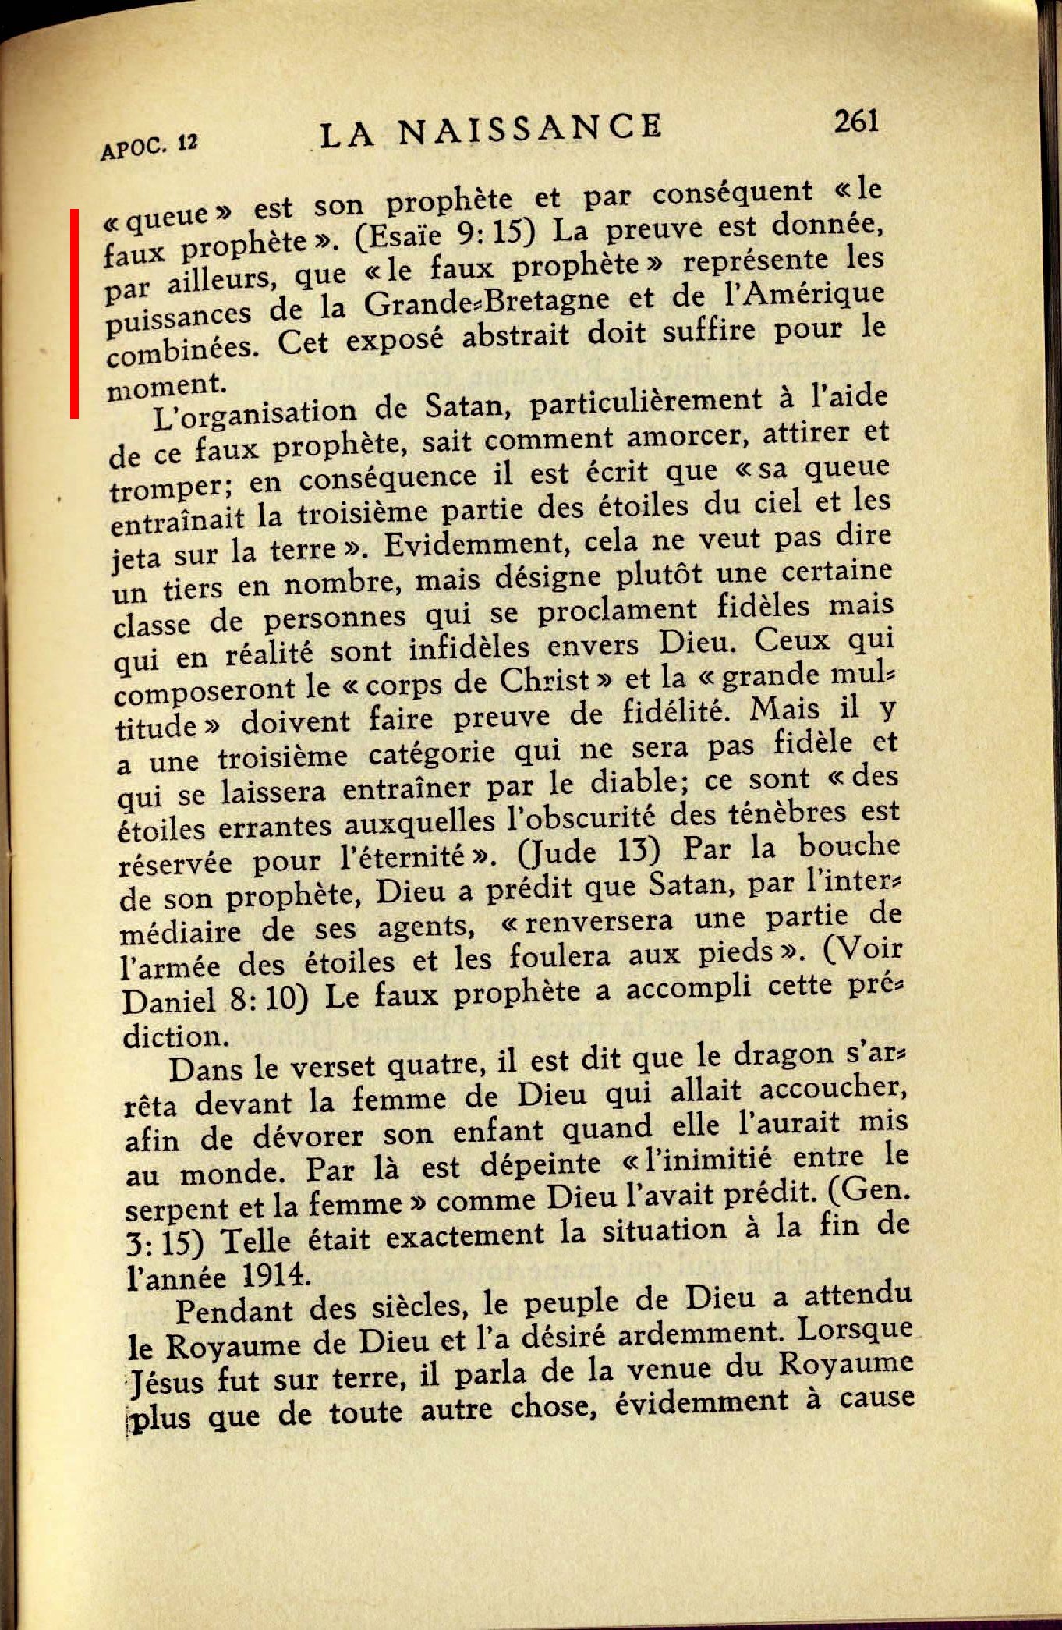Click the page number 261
[x=856, y=122]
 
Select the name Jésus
[x=166, y=1383]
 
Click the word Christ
[x=544, y=681]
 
